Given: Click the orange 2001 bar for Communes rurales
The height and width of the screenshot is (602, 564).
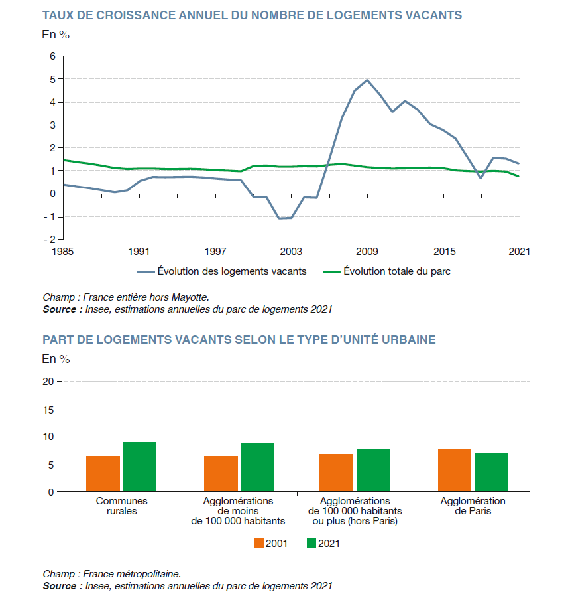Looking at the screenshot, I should [x=103, y=474].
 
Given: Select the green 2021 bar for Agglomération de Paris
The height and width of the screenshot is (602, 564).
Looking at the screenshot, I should [x=491, y=473].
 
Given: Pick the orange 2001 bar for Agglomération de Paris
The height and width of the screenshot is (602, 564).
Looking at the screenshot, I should [x=454, y=470].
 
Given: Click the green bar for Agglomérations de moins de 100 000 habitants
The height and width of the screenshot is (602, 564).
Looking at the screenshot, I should [x=258, y=467].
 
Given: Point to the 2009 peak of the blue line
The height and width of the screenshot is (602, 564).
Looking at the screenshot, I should [x=367, y=80].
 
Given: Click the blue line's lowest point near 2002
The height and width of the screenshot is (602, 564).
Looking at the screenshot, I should [x=279, y=218].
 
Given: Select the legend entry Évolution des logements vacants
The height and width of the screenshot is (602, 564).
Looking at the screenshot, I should [x=222, y=271].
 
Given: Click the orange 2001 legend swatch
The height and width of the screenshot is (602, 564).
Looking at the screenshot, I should [x=259, y=543].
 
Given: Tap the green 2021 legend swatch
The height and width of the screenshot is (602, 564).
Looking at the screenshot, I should [x=311, y=543].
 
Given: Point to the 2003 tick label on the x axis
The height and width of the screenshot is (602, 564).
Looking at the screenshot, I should [x=290, y=252].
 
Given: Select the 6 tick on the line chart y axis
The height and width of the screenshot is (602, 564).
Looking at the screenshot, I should [x=52, y=56].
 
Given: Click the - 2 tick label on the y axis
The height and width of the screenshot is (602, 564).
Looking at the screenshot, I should [x=48, y=239].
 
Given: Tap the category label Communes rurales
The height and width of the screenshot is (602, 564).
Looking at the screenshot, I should [x=122, y=506].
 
